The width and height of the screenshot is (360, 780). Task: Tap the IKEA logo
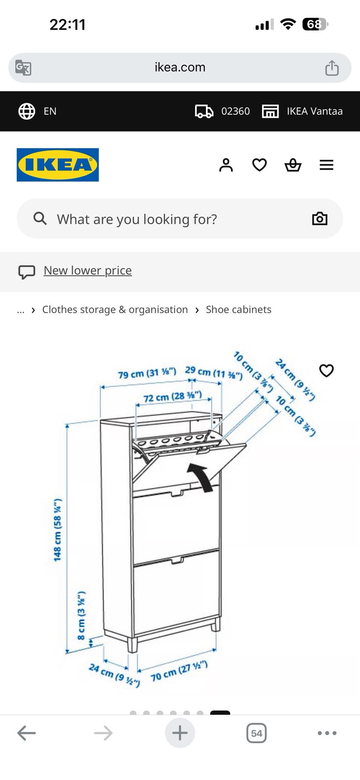(x=58, y=165)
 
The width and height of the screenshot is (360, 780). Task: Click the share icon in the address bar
(x=332, y=68)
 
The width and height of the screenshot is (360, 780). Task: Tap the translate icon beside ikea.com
(x=23, y=68)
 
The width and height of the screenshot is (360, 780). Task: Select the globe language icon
(x=27, y=111)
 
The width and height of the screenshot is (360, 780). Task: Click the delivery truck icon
(x=204, y=111)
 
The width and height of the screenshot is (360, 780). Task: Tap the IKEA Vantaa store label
(x=315, y=111)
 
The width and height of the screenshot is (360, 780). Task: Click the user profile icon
(x=226, y=165)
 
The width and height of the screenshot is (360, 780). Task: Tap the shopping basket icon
(x=293, y=165)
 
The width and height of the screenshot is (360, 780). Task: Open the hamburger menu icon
(x=326, y=165)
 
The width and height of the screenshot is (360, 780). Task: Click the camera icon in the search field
(x=320, y=219)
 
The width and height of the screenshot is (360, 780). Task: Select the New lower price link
(x=88, y=271)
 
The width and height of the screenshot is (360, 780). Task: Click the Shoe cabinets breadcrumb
(x=238, y=310)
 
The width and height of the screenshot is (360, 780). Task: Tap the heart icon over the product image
(x=326, y=371)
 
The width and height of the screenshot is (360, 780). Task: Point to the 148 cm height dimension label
(x=57, y=530)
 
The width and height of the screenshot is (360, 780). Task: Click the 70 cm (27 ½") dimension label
(x=179, y=672)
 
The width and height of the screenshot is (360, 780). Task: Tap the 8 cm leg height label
(x=81, y=616)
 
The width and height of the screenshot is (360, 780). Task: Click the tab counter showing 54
(x=256, y=733)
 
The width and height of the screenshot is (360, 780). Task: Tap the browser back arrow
(x=27, y=733)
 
